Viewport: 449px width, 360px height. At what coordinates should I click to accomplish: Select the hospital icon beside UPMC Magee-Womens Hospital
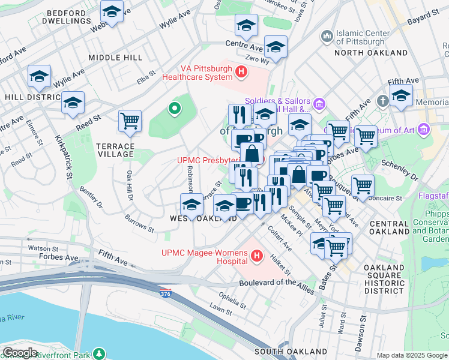258,257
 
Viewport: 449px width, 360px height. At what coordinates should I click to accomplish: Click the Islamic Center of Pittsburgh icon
327,37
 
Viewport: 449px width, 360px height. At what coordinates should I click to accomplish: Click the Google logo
20,352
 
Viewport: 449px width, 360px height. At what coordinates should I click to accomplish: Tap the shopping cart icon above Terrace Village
130,121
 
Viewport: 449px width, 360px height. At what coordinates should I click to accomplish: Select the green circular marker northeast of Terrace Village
174,109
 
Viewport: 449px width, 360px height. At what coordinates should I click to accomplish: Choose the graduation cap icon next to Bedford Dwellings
112,11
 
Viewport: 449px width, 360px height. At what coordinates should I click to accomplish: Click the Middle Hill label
115,57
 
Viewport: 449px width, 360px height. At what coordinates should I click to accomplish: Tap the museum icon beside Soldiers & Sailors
319,105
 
